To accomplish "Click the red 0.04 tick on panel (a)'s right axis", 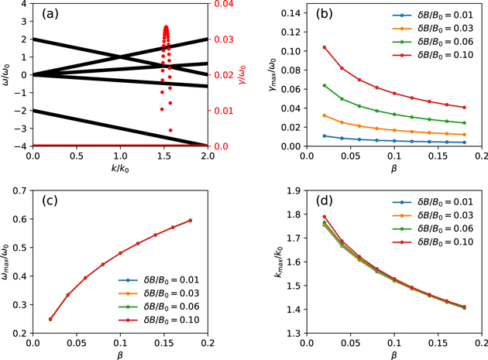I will tap(222, 5).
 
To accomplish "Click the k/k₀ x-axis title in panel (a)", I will tap(121, 169).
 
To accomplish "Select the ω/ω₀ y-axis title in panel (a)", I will tap(7, 75).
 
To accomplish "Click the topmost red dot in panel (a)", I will tap(166, 28).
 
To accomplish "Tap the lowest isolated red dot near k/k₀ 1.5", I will tap(170, 130).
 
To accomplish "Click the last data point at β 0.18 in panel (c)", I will tap(191, 221).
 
